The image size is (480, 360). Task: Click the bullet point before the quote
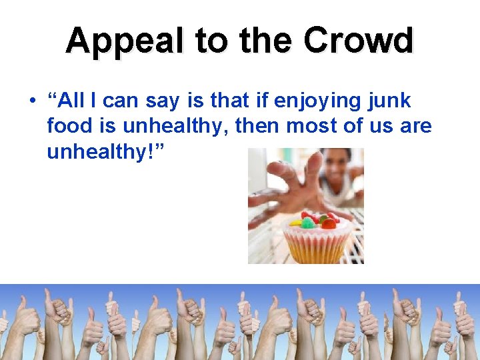[x=31, y=101]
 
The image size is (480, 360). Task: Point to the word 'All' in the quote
[x=69, y=101]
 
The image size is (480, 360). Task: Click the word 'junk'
[x=391, y=101]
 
